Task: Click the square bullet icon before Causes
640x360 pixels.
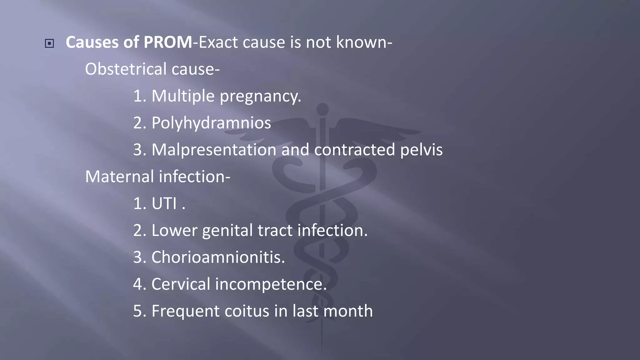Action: click(49, 43)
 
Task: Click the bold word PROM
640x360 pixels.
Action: click(168, 42)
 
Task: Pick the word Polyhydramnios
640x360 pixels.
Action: click(211, 123)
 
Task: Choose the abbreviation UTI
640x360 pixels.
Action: click(164, 203)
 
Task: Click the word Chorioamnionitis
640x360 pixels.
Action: click(218, 257)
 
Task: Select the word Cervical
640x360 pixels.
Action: click(181, 284)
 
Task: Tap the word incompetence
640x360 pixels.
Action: click(271, 284)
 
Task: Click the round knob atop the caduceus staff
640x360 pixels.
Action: click(322, 109)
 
